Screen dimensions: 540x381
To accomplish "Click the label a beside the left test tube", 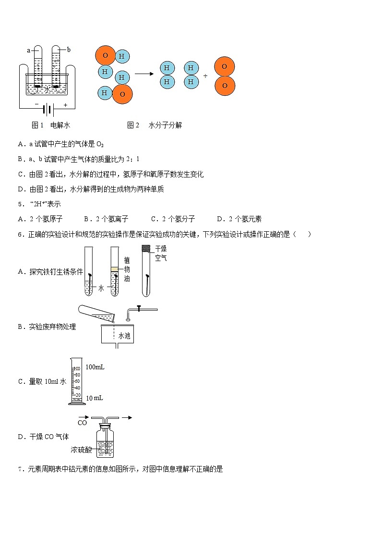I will click(x=29, y=50).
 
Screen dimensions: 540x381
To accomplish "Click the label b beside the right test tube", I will click(x=69, y=50).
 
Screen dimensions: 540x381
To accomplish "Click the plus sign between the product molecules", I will click(x=205, y=76).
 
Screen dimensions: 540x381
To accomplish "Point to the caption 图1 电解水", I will click(x=51, y=126).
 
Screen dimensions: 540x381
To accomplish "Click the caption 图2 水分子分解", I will click(x=155, y=126).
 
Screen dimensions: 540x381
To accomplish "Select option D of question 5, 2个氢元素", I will click(x=239, y=219).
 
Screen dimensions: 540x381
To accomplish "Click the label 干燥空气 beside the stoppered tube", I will click(x=161, y=253).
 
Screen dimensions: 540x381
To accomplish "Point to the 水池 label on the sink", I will click(x=124, y=336).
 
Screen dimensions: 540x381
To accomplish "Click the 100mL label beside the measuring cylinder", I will click(x=95, y=367).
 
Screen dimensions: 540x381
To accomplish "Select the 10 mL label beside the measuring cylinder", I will click(x=95, y=398).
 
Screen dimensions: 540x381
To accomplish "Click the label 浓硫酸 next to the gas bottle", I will click(x=80, y=450).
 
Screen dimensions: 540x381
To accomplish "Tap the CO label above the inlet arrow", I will click(x=82, y=423).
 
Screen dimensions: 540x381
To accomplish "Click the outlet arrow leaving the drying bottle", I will click(x=126, y=417).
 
